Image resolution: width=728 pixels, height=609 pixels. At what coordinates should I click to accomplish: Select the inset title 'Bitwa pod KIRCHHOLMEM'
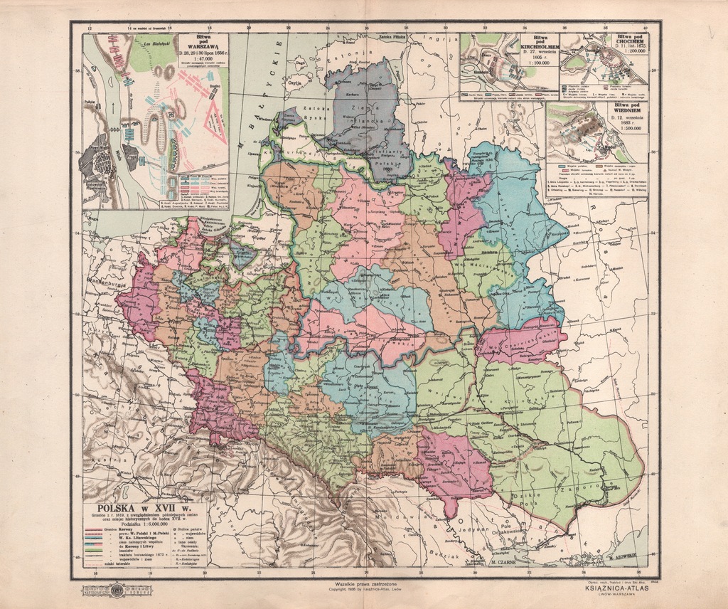tap(537, 47)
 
